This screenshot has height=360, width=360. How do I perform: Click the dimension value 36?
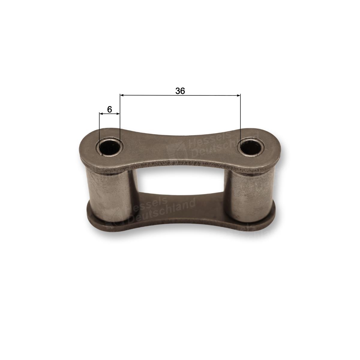180,91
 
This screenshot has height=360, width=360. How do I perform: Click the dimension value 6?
109,109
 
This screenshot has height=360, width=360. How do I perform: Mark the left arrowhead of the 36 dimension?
121,95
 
